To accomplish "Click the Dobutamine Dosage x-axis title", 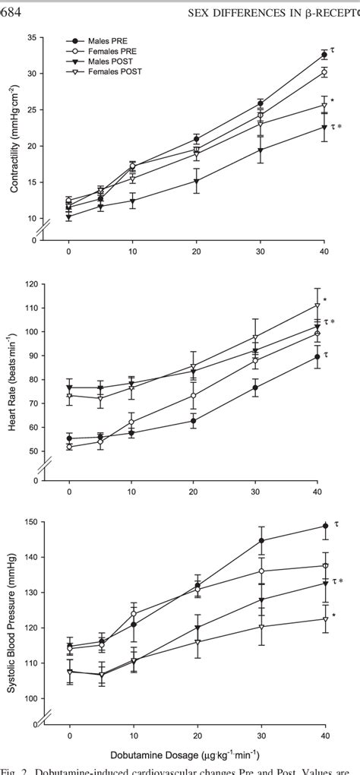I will [x=197, y=754].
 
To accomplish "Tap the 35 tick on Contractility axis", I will [x=33, y=37].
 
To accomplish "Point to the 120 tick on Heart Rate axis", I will [x=31, y=284].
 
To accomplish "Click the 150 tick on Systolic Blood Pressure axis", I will [x=31, y=522].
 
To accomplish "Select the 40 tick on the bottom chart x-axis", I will [x=324, y=735].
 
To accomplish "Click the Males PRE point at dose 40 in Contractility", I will [x=324, y=55].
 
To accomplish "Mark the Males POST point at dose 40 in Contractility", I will [x=324, y=128].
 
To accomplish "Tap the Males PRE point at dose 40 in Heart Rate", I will [x=324, y=356].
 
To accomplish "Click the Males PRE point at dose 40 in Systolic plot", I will [x=324, y=526].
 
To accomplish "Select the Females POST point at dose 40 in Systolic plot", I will [x=324, y=619].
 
